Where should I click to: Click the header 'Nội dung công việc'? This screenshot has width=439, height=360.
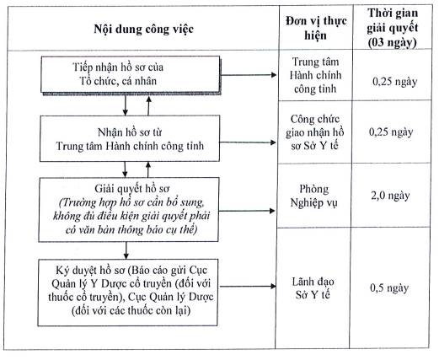click(143, 30)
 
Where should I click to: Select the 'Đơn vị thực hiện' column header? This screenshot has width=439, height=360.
click(316, 28)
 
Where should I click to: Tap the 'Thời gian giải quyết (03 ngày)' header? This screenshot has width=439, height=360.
click(392, 28)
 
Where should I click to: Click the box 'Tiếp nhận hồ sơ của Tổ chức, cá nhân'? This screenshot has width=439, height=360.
click(131, 74)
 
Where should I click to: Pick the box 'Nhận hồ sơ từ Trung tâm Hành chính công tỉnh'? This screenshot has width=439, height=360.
click(130, 138)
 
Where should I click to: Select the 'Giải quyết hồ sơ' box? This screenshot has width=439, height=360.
click(129, 209)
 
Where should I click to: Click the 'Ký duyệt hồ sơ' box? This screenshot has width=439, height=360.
click(128, 293)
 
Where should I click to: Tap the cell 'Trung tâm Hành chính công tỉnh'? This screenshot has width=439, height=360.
click(315, 75)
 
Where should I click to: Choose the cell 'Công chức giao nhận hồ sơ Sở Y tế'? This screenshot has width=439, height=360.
click(314, 132)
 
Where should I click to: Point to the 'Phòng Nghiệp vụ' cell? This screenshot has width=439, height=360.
click(313, 196)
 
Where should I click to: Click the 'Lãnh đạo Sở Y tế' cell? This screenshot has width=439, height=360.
click(313, 288)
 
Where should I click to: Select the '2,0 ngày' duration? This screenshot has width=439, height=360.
click(390, 196)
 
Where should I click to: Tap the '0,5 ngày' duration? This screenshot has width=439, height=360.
click(389, 287)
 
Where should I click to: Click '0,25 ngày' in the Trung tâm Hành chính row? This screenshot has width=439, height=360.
click(394, 82)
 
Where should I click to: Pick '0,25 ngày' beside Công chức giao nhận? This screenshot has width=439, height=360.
click(391, 132)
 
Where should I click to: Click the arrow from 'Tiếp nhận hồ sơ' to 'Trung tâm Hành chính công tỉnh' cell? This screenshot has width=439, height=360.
click(249, 75)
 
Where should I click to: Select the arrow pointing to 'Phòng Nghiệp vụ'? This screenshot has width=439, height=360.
click(247, 211)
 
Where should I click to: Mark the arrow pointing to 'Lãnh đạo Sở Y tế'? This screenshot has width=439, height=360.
click(247, 287)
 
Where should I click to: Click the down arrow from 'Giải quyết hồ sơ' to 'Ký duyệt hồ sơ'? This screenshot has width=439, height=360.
click(126, 250)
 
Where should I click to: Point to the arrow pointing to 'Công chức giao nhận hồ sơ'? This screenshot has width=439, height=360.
click(248, 142)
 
